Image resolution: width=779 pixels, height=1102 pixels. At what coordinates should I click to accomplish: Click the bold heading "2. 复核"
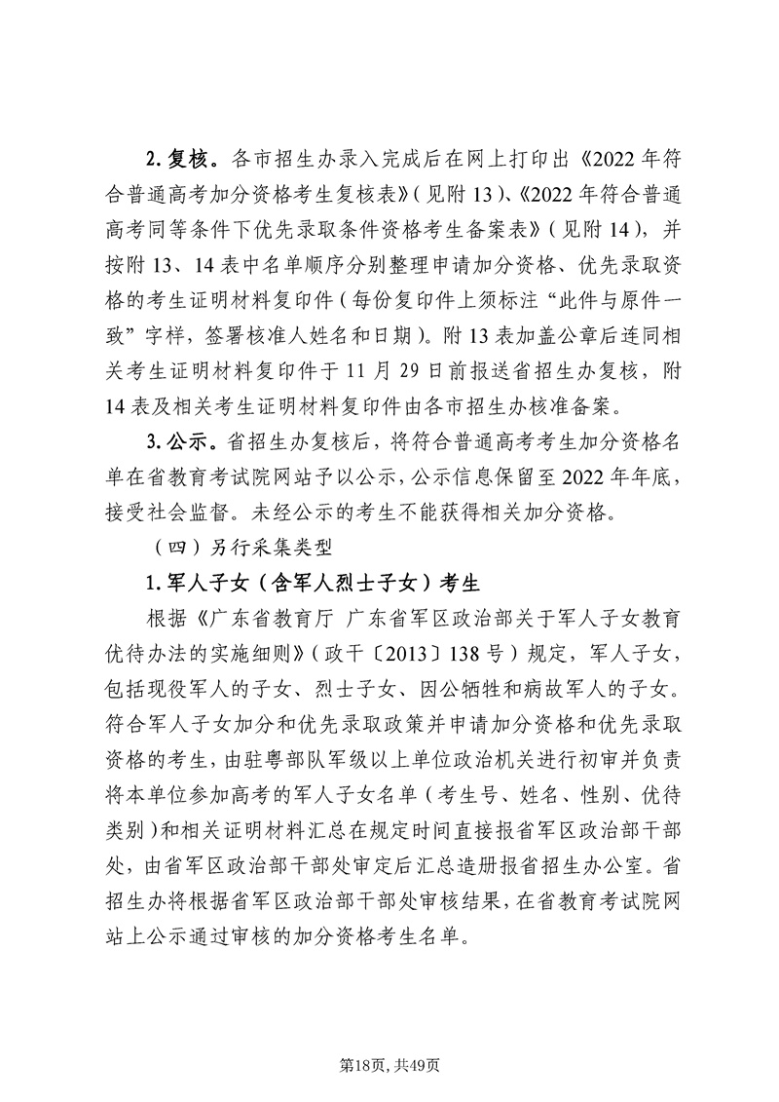click(174, 159)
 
